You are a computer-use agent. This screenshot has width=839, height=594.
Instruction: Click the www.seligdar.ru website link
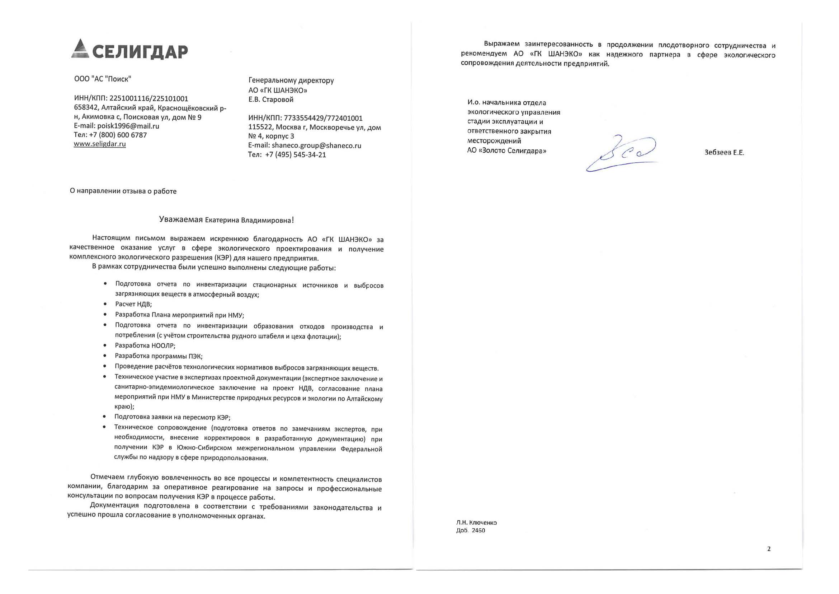click(100, 144)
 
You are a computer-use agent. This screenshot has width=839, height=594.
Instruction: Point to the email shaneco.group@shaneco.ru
click(316, 145)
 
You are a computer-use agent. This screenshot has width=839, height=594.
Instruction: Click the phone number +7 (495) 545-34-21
click(295, 155)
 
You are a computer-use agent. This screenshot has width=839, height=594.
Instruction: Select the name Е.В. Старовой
click(271, 99)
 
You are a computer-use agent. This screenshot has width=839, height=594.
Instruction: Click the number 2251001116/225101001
click(149, 98)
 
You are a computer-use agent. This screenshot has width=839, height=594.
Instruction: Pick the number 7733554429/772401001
click(323, 118)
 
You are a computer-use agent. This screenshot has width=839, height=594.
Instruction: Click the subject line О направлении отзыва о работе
click(123, 191)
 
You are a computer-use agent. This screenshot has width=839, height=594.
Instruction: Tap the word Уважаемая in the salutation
click(181, 220)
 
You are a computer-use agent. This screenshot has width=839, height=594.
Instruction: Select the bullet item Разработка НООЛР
click(145, 345)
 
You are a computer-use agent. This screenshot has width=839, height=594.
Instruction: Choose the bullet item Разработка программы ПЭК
click(159, 356)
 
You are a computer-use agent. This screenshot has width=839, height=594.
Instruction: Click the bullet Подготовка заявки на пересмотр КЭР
click(172, 417)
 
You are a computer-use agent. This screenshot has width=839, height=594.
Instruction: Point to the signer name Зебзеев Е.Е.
click(724, 153)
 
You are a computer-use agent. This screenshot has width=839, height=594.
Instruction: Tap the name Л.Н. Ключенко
click(476, 523)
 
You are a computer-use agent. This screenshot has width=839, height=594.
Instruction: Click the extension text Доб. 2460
click(471, 531)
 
